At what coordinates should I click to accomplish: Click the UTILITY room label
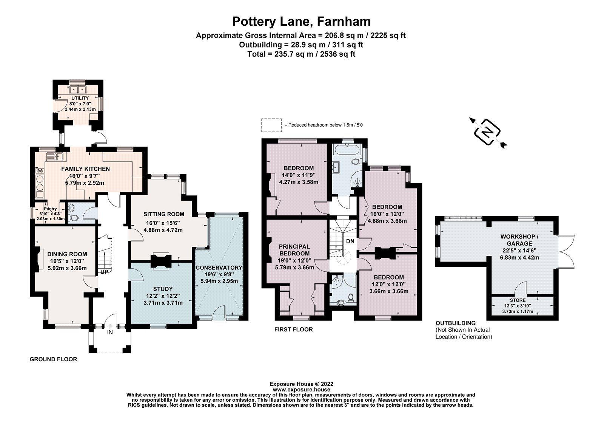point(80,98)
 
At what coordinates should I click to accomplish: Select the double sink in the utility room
point(78,90)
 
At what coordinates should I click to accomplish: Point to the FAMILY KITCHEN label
point(85,169)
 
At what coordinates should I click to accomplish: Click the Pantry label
point(50,209)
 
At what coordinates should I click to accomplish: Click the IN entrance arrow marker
point(110,327)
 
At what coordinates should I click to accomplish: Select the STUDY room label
point(163,289)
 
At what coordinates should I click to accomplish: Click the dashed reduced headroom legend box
point(271,125)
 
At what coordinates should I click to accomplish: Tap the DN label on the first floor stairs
point(350,241)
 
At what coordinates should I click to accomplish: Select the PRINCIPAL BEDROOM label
point(295,250)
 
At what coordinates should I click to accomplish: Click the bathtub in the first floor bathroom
point(346,149)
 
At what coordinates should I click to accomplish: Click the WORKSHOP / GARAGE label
point(519,240)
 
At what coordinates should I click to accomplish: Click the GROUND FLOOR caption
point(53,359)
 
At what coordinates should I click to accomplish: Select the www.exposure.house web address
point(301,389)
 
